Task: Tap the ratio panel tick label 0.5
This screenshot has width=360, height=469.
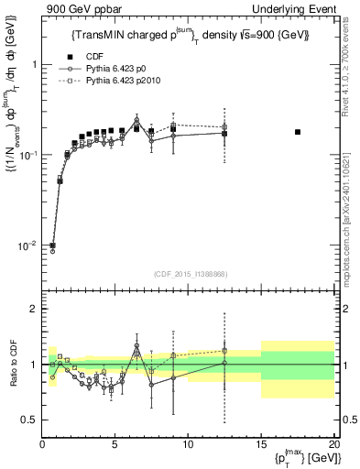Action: (28, 420)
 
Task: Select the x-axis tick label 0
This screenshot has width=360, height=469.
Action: (42, 444)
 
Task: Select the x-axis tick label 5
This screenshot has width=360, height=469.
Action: (115, 444)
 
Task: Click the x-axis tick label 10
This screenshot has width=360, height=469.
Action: (189, 444)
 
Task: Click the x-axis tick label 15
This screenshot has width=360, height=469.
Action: (262, 444)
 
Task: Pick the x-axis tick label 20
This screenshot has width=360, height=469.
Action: (334, 444)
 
